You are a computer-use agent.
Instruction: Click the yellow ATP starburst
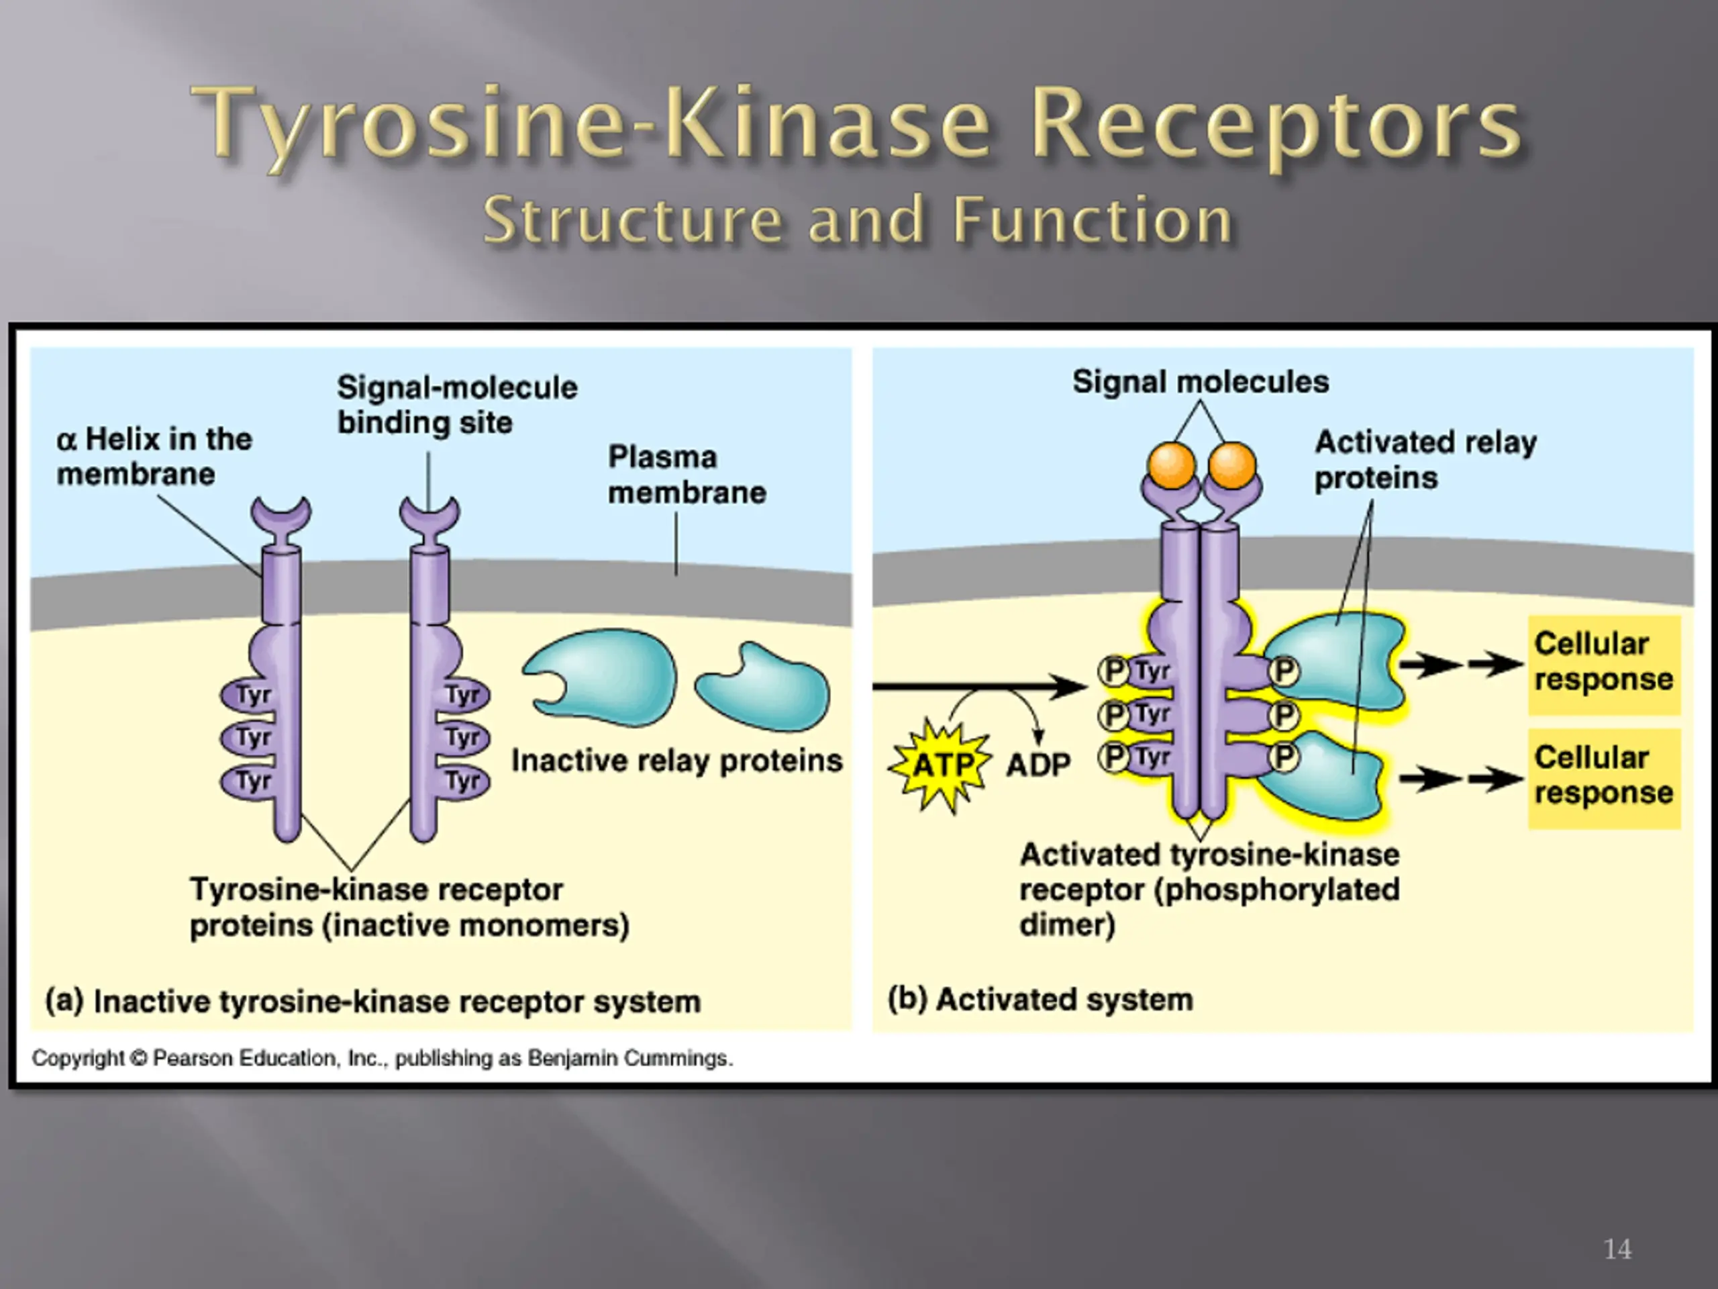coord(941,766)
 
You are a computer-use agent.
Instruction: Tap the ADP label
coord(1038,765)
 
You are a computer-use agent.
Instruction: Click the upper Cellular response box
coord(1604,665)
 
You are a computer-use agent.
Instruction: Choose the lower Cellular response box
coord(1604,777)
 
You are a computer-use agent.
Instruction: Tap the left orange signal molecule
coord(1171,465)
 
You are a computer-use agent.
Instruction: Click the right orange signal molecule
coord(1232,465)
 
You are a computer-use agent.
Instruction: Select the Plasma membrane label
coord(687,475)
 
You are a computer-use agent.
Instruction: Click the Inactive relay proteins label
coord(676,761)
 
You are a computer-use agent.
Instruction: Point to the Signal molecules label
coord(1201,381)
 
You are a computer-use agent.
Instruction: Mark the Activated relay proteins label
coord(1426,459)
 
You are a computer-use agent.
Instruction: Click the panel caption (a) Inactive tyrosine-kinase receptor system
coord(373,1001)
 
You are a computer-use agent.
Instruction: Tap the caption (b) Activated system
coord(1040,999)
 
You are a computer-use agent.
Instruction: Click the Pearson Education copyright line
coord(382,1058)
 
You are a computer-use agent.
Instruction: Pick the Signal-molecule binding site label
coord(457,405)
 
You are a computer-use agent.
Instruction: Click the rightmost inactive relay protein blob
coord(762,687)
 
